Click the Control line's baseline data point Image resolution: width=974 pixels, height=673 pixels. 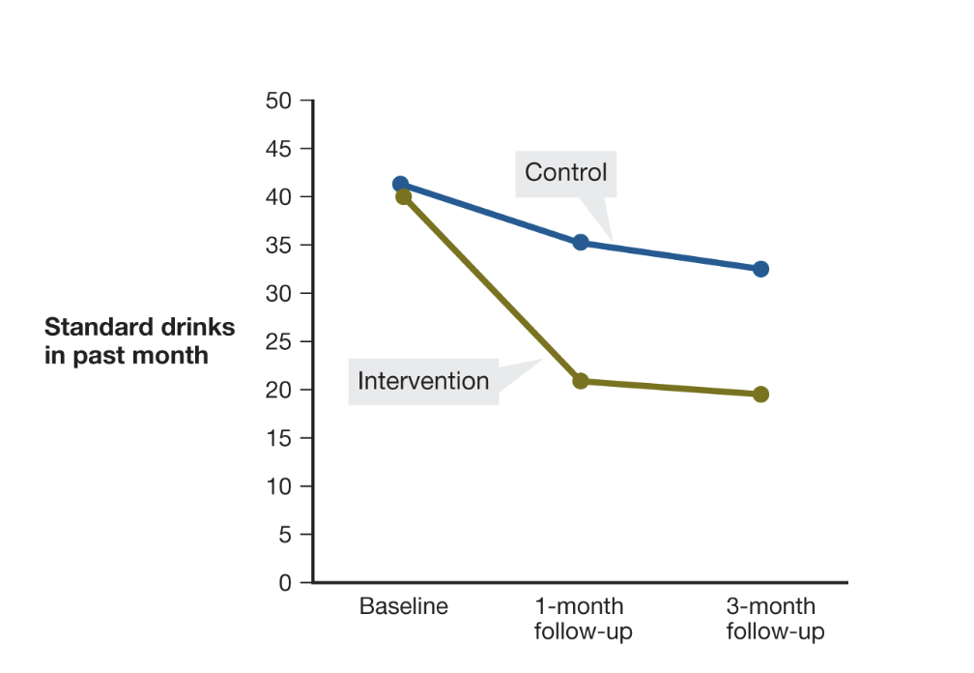pos(400,184)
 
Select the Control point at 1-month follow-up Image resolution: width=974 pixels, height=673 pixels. pos(581,242)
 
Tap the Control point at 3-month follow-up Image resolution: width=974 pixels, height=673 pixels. pos(760,269)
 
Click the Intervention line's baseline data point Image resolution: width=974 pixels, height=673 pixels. pos(404,196)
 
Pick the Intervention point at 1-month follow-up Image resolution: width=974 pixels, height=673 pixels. pos(581,381)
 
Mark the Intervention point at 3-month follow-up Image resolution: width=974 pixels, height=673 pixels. pos(760,394)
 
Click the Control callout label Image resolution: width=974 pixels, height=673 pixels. pos(565,173)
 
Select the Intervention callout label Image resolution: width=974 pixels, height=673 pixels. pos(423,381)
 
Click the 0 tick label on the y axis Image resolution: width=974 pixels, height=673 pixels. pos(284,583)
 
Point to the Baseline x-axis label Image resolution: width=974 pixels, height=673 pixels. pos(404,607)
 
